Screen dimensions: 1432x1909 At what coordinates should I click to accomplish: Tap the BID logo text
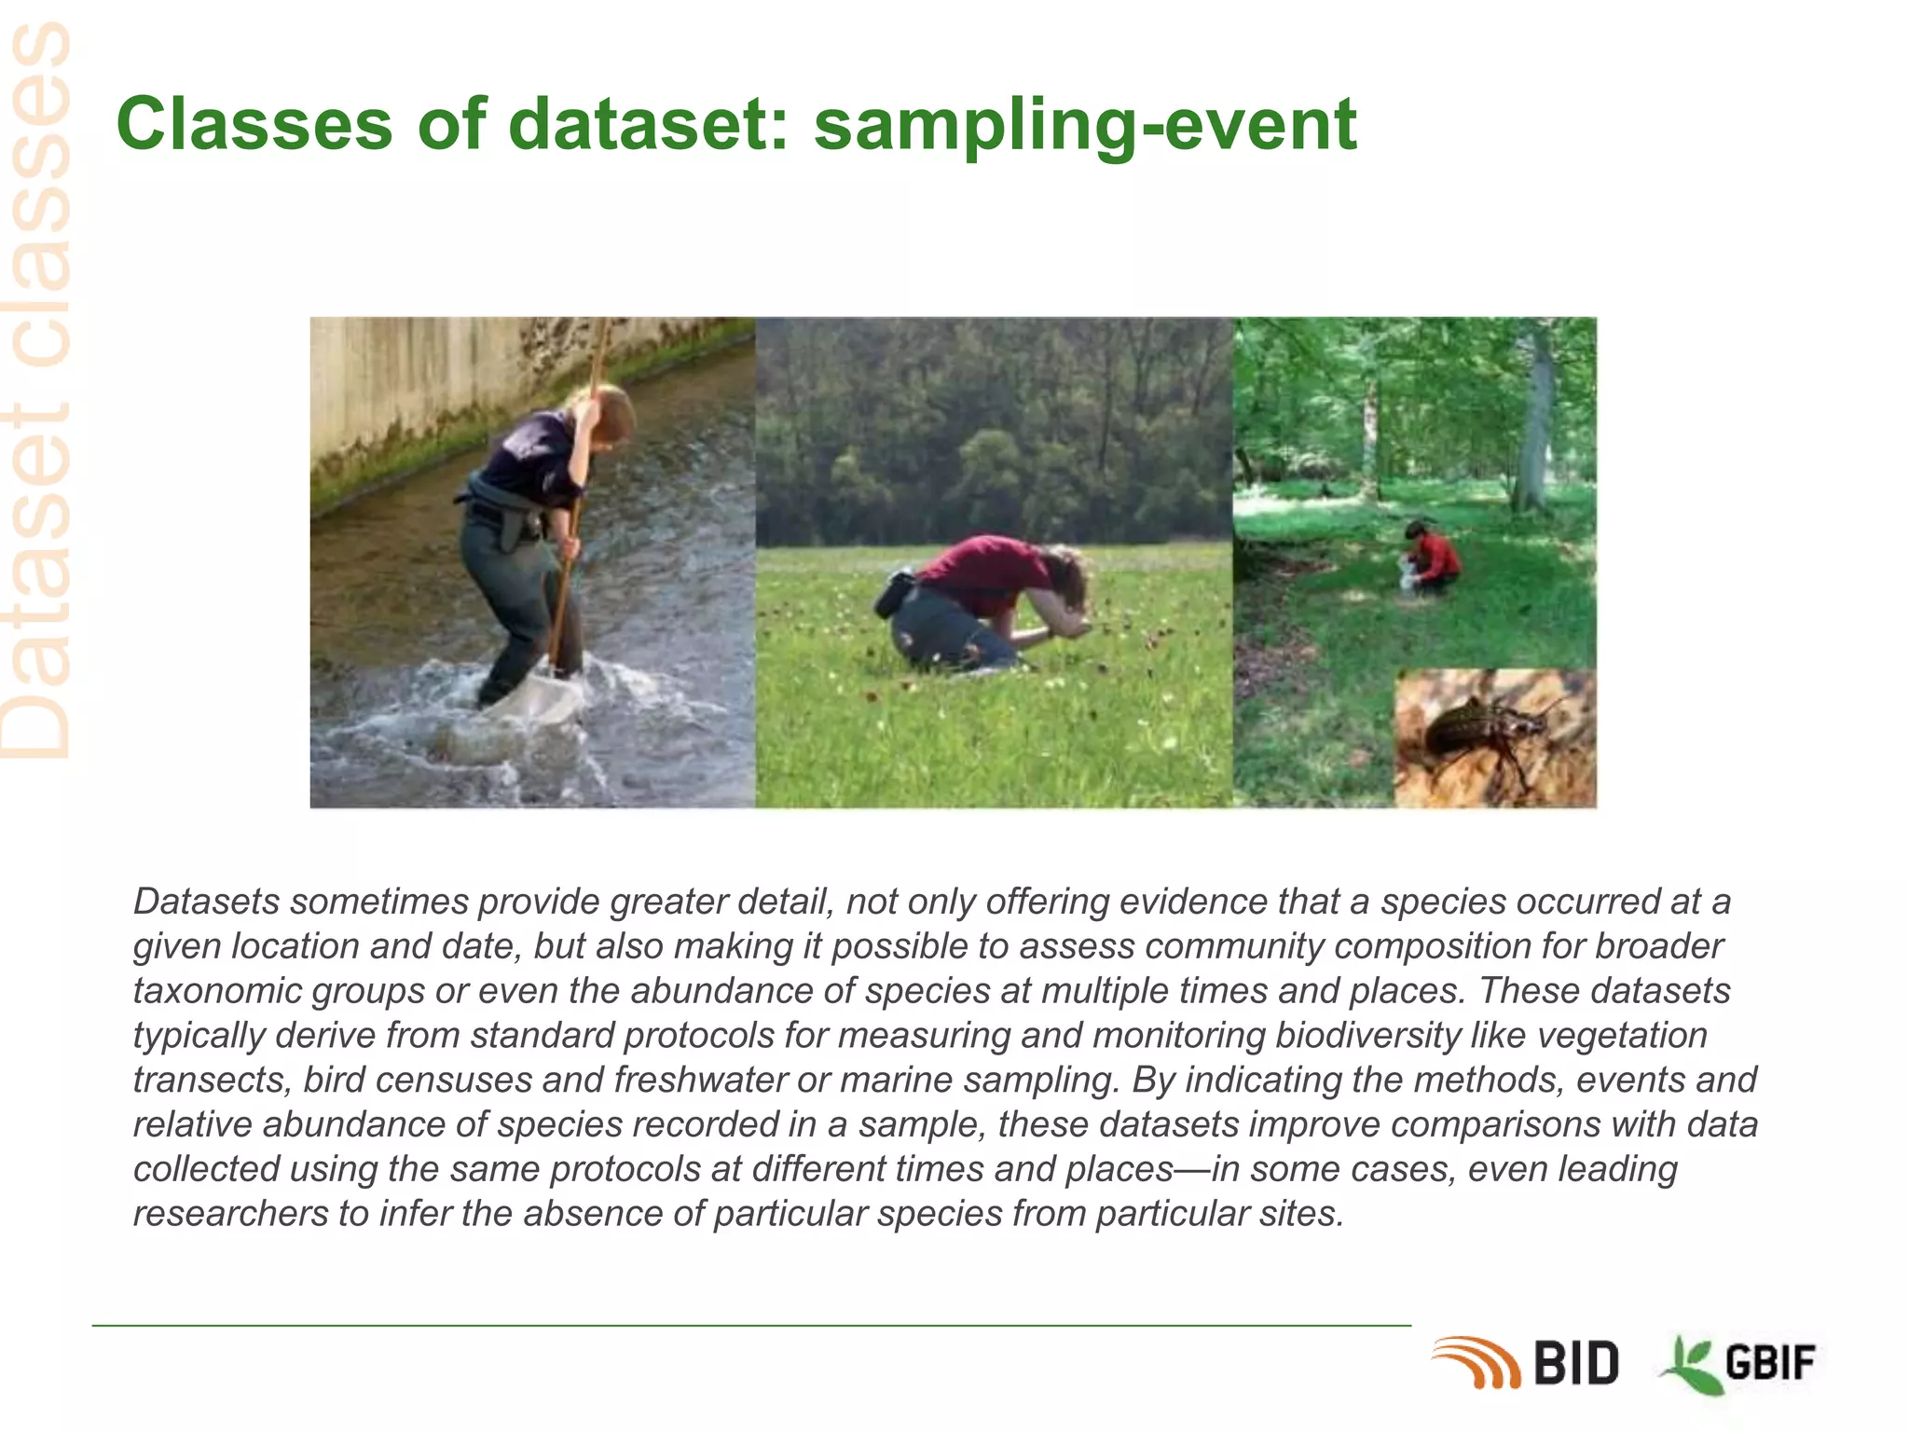tap(1575, 1364)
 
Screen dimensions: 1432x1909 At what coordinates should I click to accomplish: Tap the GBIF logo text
tap(1769, 1364)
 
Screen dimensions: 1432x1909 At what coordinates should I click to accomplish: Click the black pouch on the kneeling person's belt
tap(894, 594)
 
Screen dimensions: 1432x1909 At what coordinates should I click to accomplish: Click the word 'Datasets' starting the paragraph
tap(206, 902)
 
